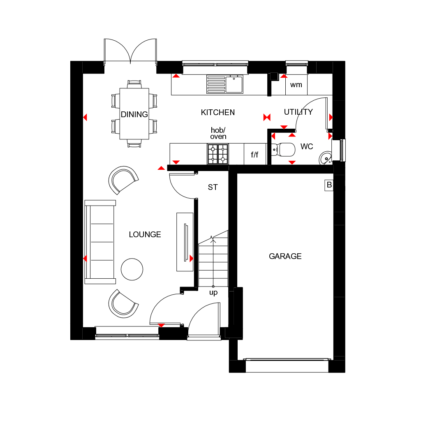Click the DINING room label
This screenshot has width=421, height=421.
click(x=134, y=114)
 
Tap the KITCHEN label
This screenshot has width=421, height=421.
click(x=217, y=112)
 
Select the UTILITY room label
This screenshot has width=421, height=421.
click(x=298, y=112)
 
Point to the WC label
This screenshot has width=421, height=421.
click(x=307, y=146)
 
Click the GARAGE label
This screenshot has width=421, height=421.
click(x=285, y=256)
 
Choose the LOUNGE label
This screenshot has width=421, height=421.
click(x=145, y=234)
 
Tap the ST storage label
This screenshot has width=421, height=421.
click(x=213, y=187)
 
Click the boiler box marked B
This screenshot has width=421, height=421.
click(x=329, y=185)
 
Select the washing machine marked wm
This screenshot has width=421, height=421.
click(x=296, y=85)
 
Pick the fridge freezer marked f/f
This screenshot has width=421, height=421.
click(x=255, y=155)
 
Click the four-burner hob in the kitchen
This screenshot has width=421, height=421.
click(x=217, y=154)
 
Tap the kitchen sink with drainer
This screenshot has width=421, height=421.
click(x=225, y=84)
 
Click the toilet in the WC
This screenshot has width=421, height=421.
click(x=285, y=149)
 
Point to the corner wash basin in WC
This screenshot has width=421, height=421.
click(x=326, y=157)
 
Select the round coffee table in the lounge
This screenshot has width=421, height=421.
click(x=132, y=269)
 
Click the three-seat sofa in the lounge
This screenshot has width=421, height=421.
click(x=100, y=242)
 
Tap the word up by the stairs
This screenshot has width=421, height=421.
click(x=213, y=293)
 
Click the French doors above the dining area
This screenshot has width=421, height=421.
click(x=130, y=51)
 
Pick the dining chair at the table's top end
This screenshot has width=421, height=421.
click(x=134, y=84)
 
